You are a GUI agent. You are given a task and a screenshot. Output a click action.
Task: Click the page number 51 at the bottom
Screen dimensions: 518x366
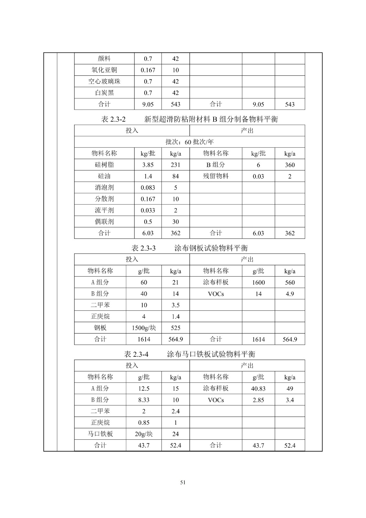tap(183, 482)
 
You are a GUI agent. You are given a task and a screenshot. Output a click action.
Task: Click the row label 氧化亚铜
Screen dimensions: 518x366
tap(104, 70)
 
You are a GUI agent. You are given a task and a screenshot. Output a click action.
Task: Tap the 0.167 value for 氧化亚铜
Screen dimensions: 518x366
tap(148, 70)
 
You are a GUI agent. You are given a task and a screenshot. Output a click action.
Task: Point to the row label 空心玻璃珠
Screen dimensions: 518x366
tap(104, 81)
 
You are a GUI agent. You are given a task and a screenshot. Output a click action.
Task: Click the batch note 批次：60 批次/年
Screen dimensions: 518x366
tap(189, 142)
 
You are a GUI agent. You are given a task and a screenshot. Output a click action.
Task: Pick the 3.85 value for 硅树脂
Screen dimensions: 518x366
tap(148, 165)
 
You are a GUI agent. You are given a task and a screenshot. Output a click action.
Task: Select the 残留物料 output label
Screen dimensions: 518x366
tap(216, 176)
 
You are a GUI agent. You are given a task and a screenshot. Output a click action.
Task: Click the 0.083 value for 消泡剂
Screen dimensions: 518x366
tap(148, 187)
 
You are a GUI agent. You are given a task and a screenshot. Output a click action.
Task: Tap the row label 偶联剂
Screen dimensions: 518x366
tap(104, 222)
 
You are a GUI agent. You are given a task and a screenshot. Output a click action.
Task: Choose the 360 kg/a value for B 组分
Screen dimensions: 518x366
tap(290, 165)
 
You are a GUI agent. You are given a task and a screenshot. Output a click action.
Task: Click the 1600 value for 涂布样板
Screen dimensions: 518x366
tap(258, 282)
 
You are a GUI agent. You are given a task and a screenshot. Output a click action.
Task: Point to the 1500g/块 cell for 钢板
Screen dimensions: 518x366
tap(144, 328)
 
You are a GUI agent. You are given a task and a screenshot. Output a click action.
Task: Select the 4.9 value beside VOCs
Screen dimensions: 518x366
tap(290, 294)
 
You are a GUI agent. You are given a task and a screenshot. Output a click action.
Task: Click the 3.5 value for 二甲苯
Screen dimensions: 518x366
tap(175, 305)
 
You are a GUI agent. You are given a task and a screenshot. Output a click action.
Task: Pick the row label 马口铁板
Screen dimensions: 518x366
tap(100, 434)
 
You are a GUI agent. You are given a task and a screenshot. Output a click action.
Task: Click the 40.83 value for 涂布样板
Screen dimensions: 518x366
tap(258, 388)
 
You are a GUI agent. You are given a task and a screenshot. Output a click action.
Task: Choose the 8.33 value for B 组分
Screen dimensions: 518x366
tap(144, 400)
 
